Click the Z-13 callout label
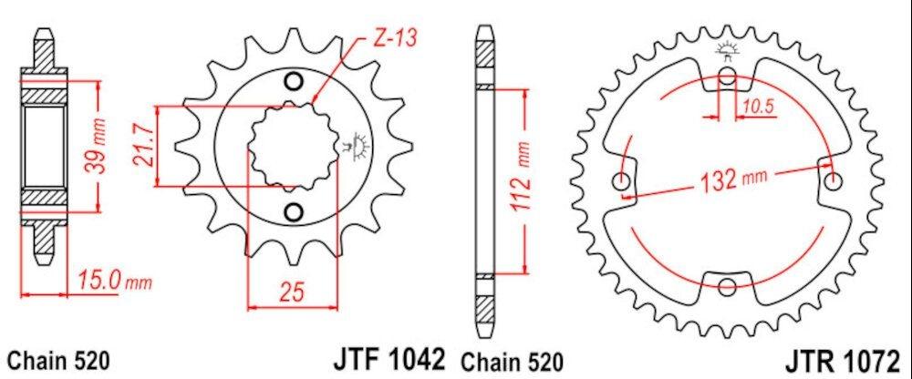coord(394,38)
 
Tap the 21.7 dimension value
coord(145,146)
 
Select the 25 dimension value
coord(292,292)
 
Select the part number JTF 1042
coord(389,359)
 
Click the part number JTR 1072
coord(842,361)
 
